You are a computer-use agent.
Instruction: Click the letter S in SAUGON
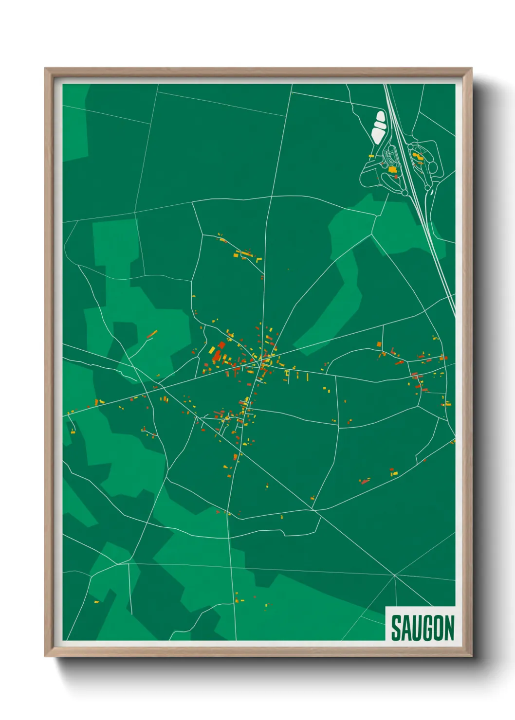396,628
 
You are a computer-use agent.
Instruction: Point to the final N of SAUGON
449,628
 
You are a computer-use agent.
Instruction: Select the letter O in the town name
437,628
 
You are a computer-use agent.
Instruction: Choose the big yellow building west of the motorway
392,170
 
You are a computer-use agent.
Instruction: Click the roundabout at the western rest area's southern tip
405,193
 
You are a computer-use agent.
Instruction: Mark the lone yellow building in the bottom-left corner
96,602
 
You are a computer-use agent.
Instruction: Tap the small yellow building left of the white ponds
371,156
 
